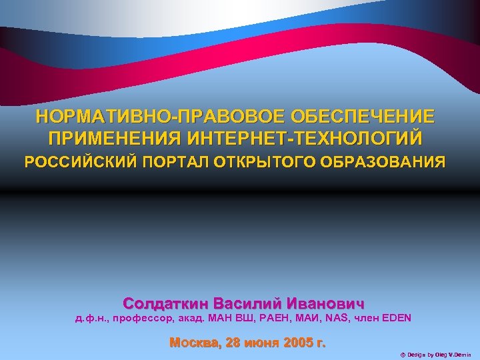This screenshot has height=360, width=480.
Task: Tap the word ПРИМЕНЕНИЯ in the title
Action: pos(113,139)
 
